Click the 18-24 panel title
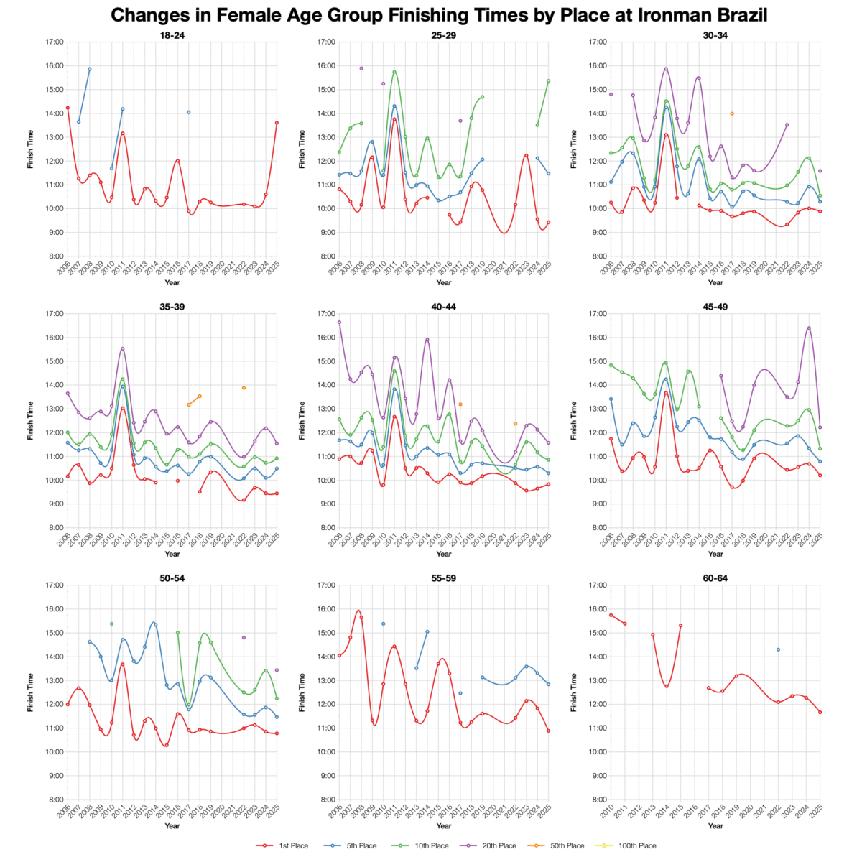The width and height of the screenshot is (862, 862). click(172, 34)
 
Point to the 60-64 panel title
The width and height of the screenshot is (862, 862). click(715, 578)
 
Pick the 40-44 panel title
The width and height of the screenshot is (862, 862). click(444, 307)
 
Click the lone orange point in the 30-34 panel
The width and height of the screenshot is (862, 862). click(732, 113)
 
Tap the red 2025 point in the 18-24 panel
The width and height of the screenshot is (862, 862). click(277, 123)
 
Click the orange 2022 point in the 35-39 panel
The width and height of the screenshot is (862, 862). click(244, 388)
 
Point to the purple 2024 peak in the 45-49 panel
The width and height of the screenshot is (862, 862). click(809, 328)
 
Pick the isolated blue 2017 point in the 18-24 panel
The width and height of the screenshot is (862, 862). click(189, 112)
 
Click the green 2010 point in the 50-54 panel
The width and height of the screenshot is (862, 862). click(111, 624)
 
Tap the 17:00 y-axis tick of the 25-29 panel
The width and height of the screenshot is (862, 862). click(325, 42)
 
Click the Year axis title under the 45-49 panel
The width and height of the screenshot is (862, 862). click(715, 554)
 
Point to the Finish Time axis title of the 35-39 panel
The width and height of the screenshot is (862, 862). click(30, 420)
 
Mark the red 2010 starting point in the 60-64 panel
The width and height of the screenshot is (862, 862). click(611, 615)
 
